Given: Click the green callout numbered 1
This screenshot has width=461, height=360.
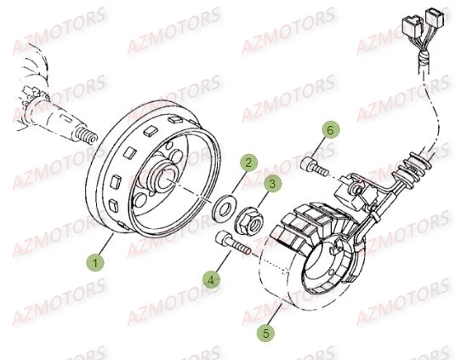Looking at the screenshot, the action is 95,262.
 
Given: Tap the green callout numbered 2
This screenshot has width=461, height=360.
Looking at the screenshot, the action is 248,163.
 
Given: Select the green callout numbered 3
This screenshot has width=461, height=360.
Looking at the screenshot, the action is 272,184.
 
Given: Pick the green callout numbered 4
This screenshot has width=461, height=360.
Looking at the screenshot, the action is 211,280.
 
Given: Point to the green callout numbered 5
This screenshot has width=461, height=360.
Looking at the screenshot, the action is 265,333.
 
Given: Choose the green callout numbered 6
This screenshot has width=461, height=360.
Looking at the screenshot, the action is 330,129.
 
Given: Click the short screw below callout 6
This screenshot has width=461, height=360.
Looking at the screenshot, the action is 314,166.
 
